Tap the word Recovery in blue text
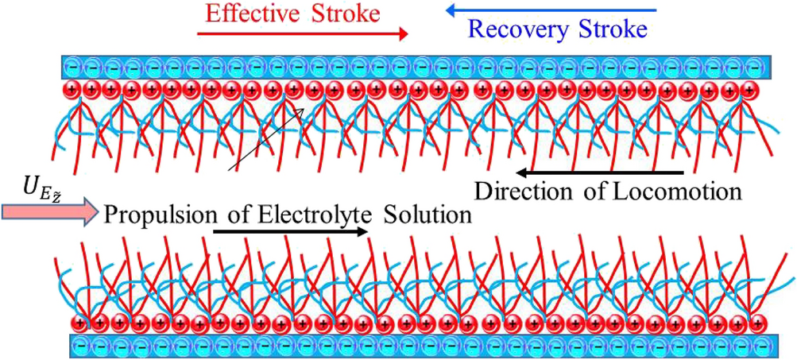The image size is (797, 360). pos(515,30)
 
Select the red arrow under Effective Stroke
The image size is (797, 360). pos(302,34)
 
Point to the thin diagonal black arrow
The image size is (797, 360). pos(266,139)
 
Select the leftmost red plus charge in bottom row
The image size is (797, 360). pos(79,323)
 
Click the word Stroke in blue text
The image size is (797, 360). pos(613,30)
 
